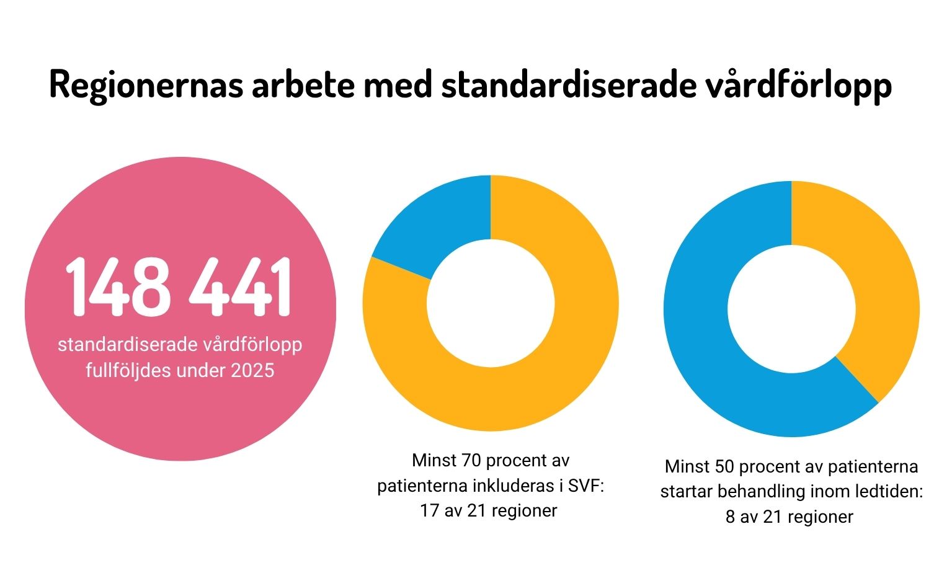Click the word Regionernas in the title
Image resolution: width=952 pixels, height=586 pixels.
tap(146, 85)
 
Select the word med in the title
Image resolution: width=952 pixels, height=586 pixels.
tap(398, 85)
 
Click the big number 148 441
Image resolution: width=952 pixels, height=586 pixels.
tap(179, 287)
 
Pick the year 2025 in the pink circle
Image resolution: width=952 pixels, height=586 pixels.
tap(252, 371)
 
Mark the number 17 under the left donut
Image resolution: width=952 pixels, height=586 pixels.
tap(429, 511)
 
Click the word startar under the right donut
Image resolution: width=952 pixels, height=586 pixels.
tap(685, 492)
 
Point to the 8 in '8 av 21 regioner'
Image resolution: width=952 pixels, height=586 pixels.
tap(730, 517)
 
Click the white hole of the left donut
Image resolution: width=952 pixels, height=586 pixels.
tap(491, 303)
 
